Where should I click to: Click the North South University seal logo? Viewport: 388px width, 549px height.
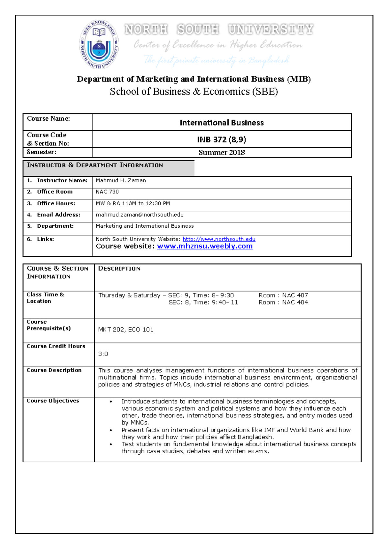[99, 45]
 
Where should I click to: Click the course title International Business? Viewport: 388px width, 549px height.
[221, 123]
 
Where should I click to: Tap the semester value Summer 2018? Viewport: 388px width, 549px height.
[221, 153]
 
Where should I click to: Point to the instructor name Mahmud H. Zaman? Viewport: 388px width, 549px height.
[121, 180]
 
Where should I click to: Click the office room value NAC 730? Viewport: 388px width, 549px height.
[107, 192]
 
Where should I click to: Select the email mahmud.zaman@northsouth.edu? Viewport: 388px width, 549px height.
[139, 215]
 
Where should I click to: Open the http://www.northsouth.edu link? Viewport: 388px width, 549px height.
[219, 239]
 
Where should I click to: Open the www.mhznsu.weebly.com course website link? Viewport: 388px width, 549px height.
[205, 246]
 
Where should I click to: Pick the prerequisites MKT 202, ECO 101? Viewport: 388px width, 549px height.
[125, 329]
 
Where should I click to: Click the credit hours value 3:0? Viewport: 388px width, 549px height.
[103, 354]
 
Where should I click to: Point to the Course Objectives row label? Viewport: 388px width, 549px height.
[53, 401]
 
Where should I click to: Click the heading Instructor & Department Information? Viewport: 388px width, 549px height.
[95, 165]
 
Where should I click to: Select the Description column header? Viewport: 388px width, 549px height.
[119, 269]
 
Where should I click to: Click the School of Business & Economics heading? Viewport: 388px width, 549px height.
[194, 92]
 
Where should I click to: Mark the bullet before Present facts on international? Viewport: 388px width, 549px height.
[111, 430]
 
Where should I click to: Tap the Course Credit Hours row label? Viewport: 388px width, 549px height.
[56, 346]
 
